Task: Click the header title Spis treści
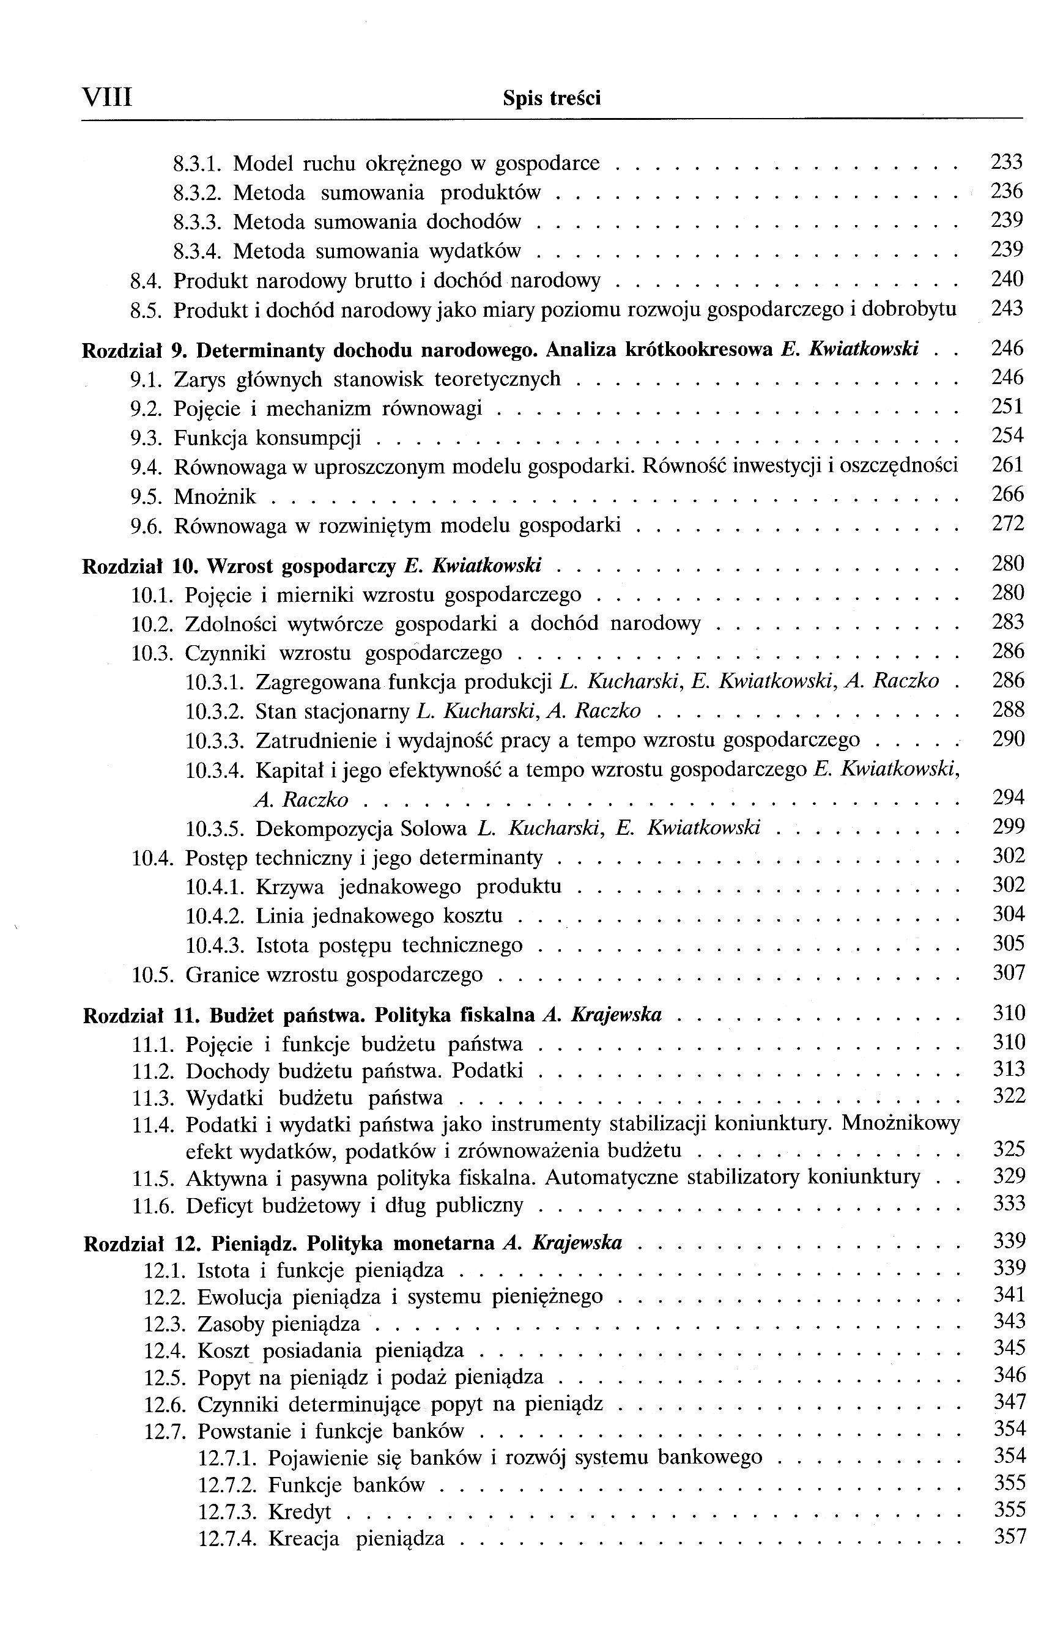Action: [x=552, y=98]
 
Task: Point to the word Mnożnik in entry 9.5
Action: [x=215, y=497]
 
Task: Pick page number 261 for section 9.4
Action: [x=1007, y=465]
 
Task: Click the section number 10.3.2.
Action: [x=215, y=712]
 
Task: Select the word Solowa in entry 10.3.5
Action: [x=433, y=829]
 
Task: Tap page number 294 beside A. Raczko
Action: [x=1009, y=798]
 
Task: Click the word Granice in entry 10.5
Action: [x=219, y=975]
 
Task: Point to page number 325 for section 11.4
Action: [x=1009, y=1149]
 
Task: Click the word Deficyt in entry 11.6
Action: [x=218, y=1205]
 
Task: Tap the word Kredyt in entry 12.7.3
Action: [x=298, y=1512]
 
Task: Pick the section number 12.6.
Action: [x=165, y=1404]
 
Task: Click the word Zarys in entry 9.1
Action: [x=196, y=379]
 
